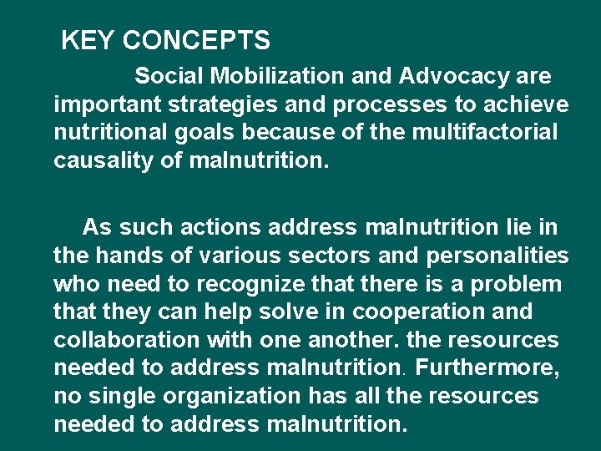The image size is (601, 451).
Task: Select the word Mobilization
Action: [276, 76]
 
